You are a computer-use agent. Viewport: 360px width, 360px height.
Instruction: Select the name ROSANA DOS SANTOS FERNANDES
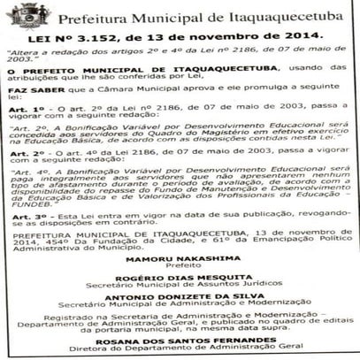pyautogui.click(x=180, y=348)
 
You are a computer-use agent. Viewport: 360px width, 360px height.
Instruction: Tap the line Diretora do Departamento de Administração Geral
pyautogui.click(x=180, y=356)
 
